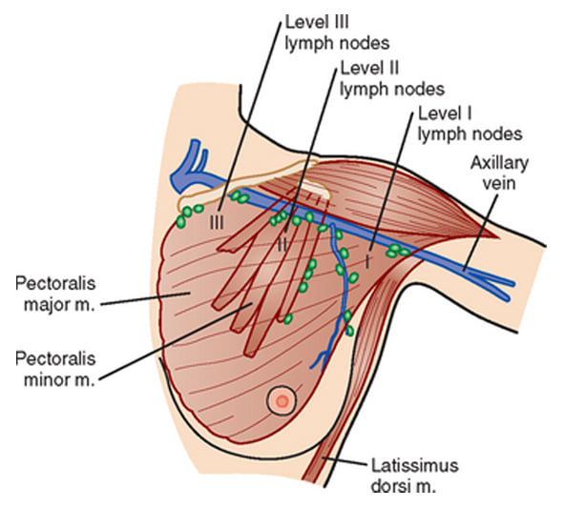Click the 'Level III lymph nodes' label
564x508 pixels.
(337, 32)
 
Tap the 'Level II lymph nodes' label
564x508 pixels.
(392, 78)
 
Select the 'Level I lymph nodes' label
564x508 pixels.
(470, 124)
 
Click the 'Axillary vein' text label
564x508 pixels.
(499, 173)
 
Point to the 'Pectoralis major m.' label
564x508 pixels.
(55, 294)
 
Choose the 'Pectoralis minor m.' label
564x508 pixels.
(55, 369)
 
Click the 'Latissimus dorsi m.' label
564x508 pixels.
(415, 475)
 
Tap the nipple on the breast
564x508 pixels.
(282, 400)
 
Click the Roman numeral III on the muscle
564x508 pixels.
(217, 222)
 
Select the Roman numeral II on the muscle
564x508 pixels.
(282, 245)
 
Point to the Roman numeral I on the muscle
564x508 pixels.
(367, 261)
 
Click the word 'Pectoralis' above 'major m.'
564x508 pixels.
(55, 284)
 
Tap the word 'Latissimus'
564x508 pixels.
(415, 465)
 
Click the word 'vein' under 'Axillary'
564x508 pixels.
(499, 183)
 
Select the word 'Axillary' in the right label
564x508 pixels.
(499, 164)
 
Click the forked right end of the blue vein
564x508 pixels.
(504, 288)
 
